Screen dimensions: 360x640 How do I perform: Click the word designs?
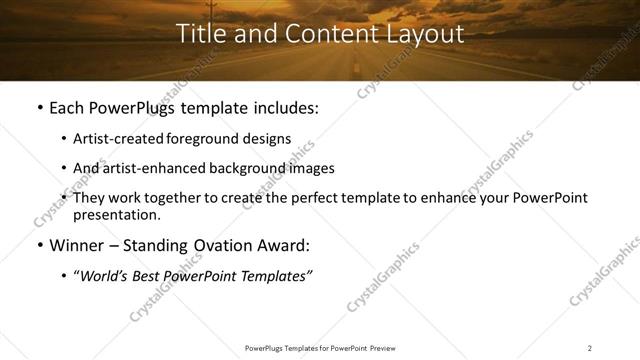pos(270,139)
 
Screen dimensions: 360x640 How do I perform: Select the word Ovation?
pos(221,245)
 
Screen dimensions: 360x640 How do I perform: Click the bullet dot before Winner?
pos(39,246)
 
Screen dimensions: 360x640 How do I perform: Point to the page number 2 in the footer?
pos(590,348)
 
